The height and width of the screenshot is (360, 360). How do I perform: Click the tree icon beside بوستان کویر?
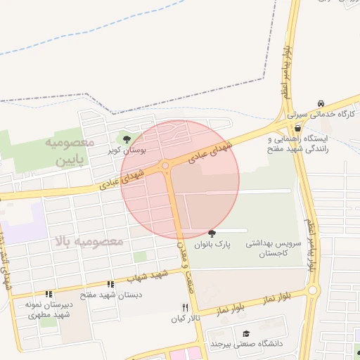[127, 139]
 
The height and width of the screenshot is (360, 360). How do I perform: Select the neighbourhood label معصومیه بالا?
[87, 242]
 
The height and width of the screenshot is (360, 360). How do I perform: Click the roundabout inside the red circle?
[165, 166]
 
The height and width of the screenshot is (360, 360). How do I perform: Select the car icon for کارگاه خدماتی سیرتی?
[321, 103]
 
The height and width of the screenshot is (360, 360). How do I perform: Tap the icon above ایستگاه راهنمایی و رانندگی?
[298, 128]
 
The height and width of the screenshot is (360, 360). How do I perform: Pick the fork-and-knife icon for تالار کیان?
[186, 307]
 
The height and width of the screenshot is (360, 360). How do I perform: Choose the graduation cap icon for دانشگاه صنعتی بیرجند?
[245, 333]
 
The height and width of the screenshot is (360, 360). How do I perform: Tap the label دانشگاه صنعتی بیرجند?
[245, 345]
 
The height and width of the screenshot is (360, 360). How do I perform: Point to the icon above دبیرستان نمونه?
[49, 294]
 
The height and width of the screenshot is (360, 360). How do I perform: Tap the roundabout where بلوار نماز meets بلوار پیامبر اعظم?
[314, 290]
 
